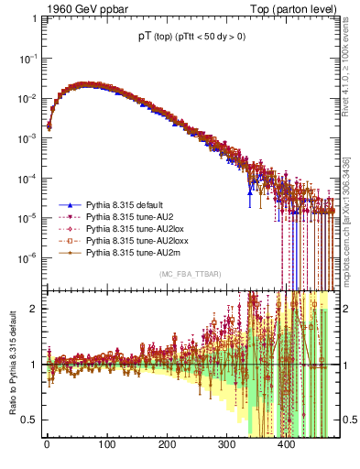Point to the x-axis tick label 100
(x=106, y=445)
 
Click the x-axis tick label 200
(x=167, y=445)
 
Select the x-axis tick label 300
(x=226, y=445)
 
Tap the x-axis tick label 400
(x=286, y=445)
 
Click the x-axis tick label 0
(x=47, y=445)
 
